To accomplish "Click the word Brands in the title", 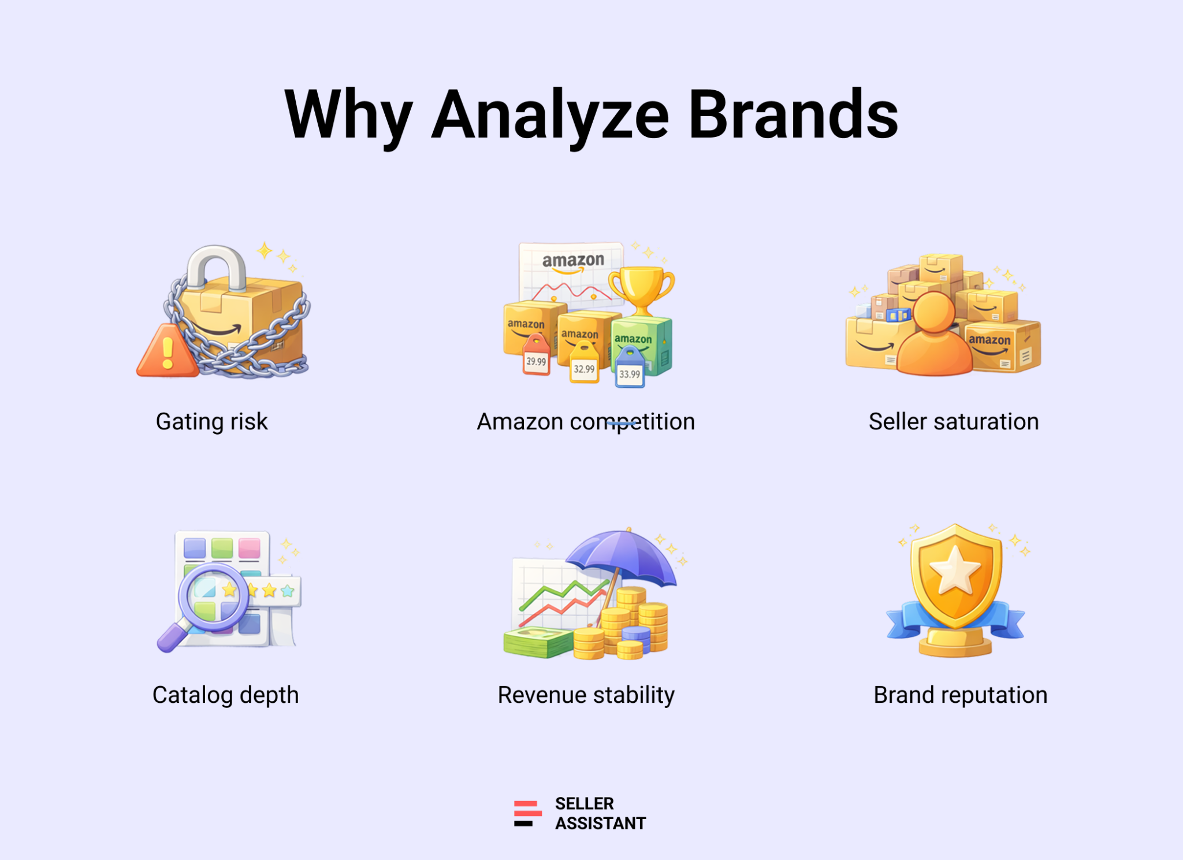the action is pyautogui.click(x=793, y=114).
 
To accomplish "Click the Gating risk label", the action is pyautogui.click(x=212, y=422).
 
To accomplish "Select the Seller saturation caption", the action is pyautogui.click(x=954, y=422).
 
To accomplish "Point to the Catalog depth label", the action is pyautogui.click(x=226, y=695).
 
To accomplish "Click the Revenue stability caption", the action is pyautogui.click(x=586, y=695).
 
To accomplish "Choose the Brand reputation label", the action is pyautogui.click(x=960, y=695).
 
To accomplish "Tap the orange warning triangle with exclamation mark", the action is pyautogui.click(x=167, y=350).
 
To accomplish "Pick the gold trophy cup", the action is pyautogui.click(x=641, y=289).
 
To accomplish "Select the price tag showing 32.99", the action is pyautogui.click(x=584, y=363).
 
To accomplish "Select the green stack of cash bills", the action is pyautogui.click(x=538, y=643).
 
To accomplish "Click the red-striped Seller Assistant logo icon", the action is pyautogui.click(x=527, y=814).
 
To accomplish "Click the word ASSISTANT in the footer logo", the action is pyautogui.click(x=601, y=824).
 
